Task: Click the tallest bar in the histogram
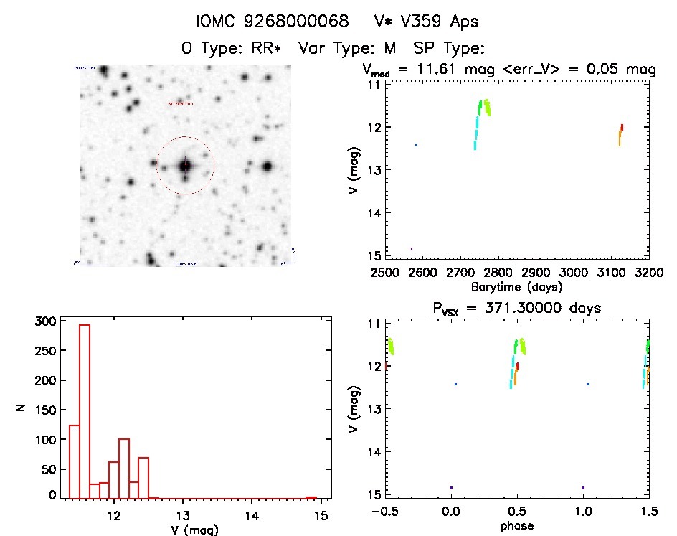tap(84, 411)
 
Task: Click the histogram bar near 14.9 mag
tap(311, 497)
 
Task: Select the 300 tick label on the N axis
tap(44, 321)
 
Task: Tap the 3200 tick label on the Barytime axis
tap(648, 273)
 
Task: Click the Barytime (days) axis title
tap(516, 287)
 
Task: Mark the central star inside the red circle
tap(185, 165)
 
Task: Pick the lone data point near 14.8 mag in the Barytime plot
tap(411, 249)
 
